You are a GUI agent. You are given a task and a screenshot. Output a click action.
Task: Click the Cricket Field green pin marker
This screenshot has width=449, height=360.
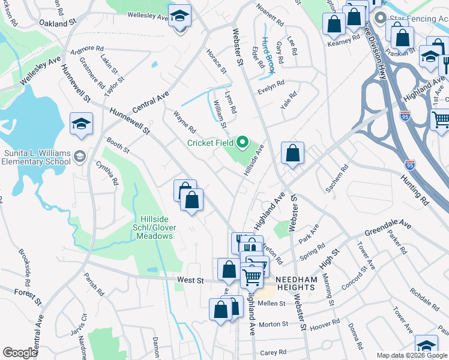pyautogui.click(x=243, y=142)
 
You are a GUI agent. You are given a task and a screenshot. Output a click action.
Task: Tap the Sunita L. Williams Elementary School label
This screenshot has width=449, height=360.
pyautogui.click(x=36, y=157)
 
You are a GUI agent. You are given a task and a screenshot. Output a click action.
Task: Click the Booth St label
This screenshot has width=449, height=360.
pyautogui.click(x=118, y=145)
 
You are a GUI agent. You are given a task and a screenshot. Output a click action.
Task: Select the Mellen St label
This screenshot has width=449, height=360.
pyautogui.click(x=271, y=304)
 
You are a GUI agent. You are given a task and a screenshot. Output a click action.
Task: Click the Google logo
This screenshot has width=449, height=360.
pyautogui.click(x=20, y=353)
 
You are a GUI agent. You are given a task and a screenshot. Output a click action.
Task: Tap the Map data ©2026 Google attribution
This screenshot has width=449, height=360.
pyautogui.click(x=412, y=355)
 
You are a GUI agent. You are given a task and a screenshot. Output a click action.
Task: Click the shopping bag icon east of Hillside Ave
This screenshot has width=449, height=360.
pyautogui.click(x=292, y=154)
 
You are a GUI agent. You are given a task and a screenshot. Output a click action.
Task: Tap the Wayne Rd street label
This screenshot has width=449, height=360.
pyautogui.click(x=185, y=121)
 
